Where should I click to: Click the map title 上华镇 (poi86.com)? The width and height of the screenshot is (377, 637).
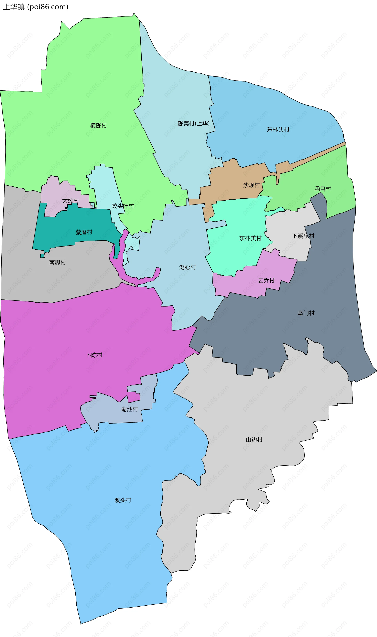(x=36, y=7)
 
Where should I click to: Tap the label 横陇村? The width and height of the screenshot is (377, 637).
(x=99, y=125)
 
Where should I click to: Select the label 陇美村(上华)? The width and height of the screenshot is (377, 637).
(x=194, y=124)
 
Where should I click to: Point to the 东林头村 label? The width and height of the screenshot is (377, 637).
(x=278, y=130)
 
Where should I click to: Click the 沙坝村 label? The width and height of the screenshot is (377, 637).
(x=252, y=185)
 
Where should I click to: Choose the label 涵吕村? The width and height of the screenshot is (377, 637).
(x=323, y=189)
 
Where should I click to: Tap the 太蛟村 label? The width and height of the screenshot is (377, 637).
(x=71, y=201)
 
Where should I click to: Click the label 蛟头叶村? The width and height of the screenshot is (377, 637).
(x=123, y=206)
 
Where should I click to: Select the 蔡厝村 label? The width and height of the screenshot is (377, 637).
(x=84, y=232)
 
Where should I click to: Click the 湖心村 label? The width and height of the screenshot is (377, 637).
(x=188, y=267)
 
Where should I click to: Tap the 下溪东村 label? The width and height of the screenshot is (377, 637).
(x=303, y=236)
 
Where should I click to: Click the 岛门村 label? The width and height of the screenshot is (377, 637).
(x=306, y=313)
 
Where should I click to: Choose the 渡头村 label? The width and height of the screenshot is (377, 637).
(x=123, y=500)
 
